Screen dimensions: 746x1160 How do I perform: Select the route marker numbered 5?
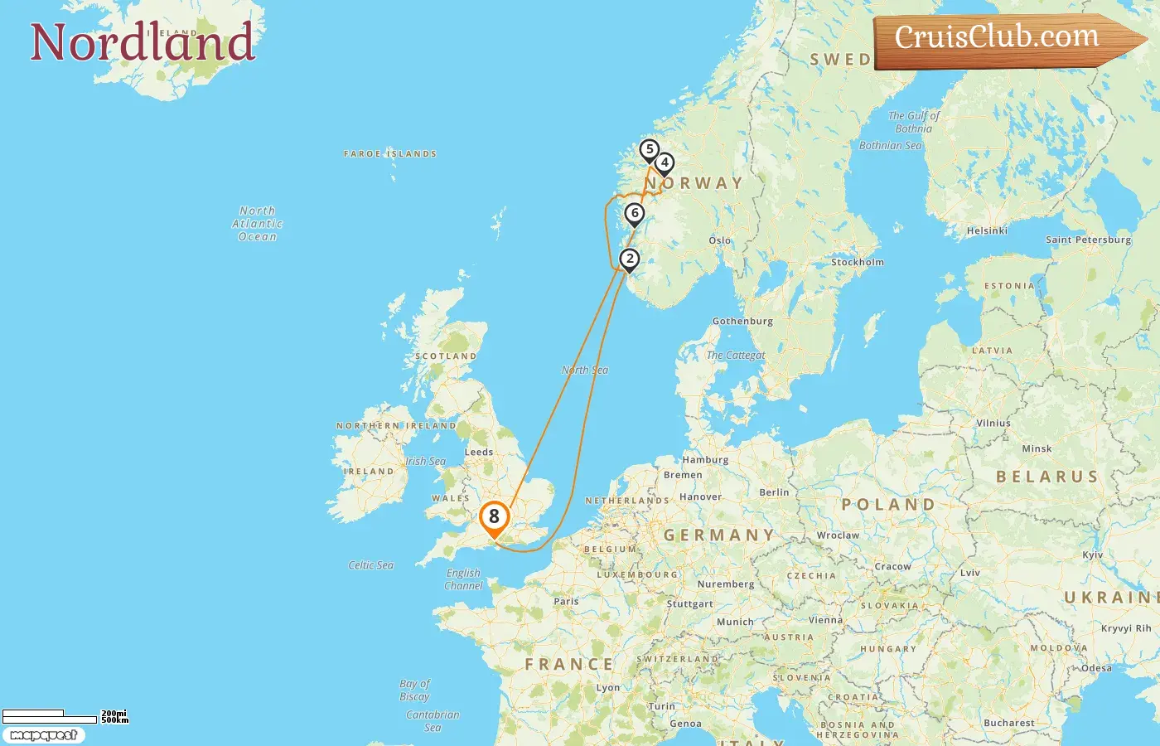pos(650,150)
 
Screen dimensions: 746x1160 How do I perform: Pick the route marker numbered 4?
pos(665,163)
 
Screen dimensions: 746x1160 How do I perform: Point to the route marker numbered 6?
pos(635,214)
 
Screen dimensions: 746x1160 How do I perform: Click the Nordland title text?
pos(143,42)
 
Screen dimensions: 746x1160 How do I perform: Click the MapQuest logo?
pos(43,735)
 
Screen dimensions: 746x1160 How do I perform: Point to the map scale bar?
pos(50,716)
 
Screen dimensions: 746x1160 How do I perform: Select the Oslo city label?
pos(720,240)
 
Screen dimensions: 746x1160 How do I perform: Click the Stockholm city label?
pos(858,262)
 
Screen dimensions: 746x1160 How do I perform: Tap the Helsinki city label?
pos(987,230)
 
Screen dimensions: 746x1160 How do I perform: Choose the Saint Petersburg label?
pos(1088,240)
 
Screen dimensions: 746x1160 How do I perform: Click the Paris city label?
pos(566,601)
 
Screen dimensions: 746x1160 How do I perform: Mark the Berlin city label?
pos(774,492)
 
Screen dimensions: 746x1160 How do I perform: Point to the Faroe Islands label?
pos(390,153)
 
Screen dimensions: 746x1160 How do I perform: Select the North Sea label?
pos(585,371)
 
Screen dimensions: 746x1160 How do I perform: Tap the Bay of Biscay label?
pos(414,690)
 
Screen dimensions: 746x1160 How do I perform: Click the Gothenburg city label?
pos(742,321)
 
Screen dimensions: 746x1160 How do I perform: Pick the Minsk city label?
pos(1037,448)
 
